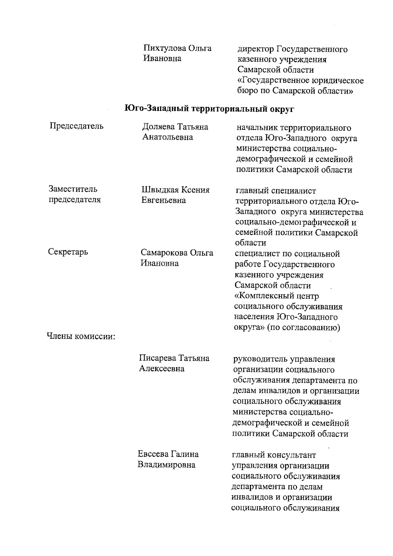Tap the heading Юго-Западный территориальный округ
pyautogui.click(x=210, y=109)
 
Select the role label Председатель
pyautogui.click(x=76, y=126)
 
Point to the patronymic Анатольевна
pyautogui.click(x=168, y=137)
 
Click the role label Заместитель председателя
pyautogui.click(x=74, y=195)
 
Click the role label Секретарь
pyautogui.click(x=68, y=252)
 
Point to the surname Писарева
pyautogui.click(x=157, y=358)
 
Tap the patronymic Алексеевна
pyautogui.click(x=161, y=369)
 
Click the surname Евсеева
pyautogui.click(x=152, y=454)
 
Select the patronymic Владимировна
pyautogui.click(x=166, y=465)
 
